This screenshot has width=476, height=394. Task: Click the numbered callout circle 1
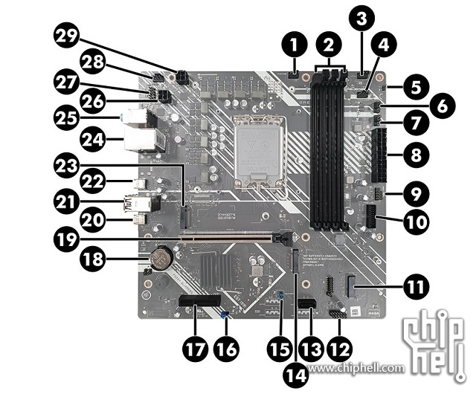pos(295,45)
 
